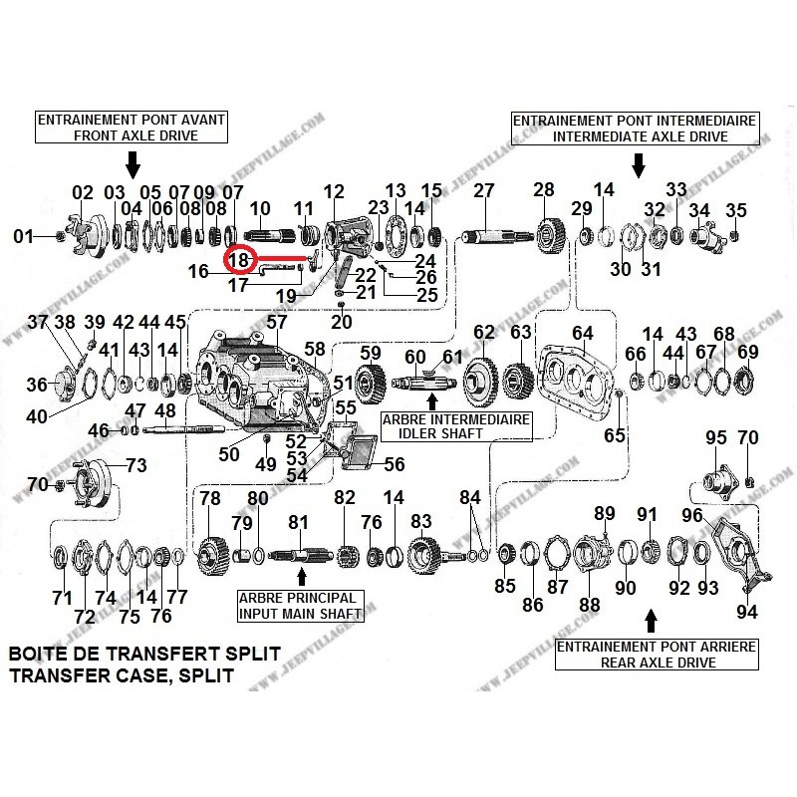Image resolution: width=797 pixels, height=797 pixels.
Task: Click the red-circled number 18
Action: pyautogui.click(x=237, y=260)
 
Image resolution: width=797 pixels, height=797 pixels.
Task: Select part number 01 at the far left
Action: pyautogui.click(x=23, y=237)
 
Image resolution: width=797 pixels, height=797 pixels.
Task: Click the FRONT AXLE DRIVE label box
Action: pyautogui.click(x=132, y=127)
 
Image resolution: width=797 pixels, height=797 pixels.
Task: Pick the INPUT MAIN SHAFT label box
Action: pyautogui.click(x=300, y=606)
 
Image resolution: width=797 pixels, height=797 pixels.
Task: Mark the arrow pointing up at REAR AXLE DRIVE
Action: pyautogui.click(x=653, y=621)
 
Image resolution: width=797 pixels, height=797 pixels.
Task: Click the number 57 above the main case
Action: pyautogui.click(x=276, y=322)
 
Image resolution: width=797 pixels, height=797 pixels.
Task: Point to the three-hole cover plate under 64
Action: pyautogui.click(x=579, y=378)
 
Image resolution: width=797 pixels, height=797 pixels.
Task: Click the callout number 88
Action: pyautogui.click(x=590, y=604)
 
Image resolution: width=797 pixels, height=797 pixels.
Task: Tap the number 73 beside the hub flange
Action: pyautogui.click(x=135, y=464)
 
